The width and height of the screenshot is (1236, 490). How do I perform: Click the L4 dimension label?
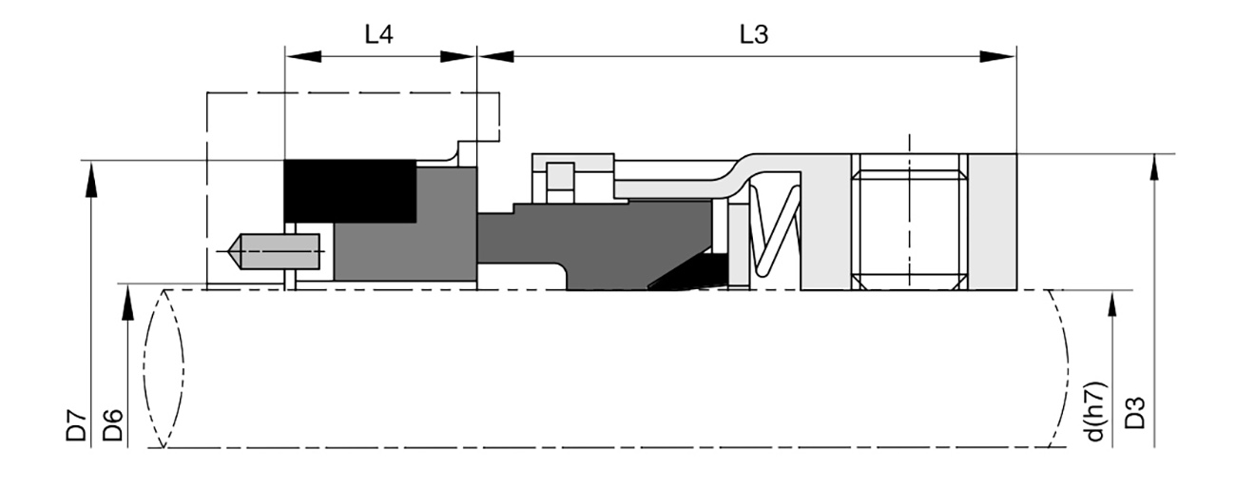(x=379, y=34)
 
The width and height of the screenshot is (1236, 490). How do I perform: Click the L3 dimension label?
(x=754, y=34)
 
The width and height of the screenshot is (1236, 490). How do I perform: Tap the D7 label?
(x=76, y=425)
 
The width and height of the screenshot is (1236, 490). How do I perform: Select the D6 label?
(x=112, y=425)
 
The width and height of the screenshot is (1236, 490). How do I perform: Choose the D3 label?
(x=1135, y=413)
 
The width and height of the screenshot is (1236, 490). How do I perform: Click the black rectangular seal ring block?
(x=350, y=191)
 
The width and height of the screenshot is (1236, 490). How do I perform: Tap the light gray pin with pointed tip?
(x=274, y=251)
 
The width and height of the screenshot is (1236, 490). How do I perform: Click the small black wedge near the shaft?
(x=689, y=273)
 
